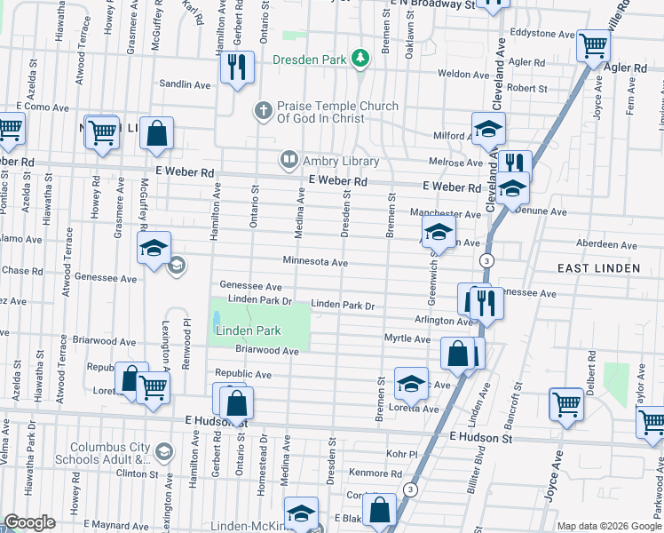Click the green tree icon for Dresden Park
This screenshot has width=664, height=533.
[x=360, y=59]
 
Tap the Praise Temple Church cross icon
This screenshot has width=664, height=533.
[x=262, y=111]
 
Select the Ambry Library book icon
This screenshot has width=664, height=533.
[x=289, y=161]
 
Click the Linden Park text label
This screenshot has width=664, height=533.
[x=249, y=330]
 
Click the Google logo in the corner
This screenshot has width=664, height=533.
[x=29, y=522]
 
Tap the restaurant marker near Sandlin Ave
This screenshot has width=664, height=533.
[x=237, y=68]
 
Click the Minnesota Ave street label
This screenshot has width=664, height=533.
[x=315, y=262]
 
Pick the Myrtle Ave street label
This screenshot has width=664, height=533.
[x=407, y=338]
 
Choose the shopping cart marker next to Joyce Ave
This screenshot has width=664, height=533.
[x=565, y=403]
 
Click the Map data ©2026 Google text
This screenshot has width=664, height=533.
[x=608, y=525]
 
